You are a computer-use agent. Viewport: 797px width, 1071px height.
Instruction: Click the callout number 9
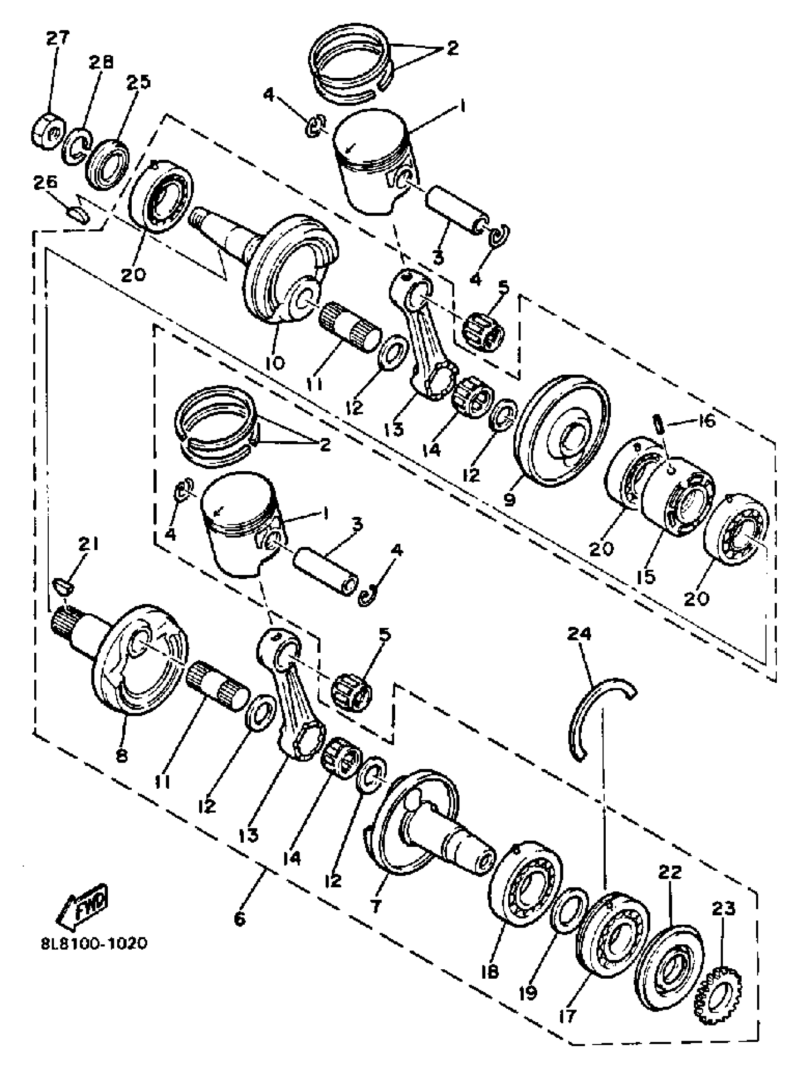click(510, 498)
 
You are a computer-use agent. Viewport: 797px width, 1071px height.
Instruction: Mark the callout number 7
click(376, 892)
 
